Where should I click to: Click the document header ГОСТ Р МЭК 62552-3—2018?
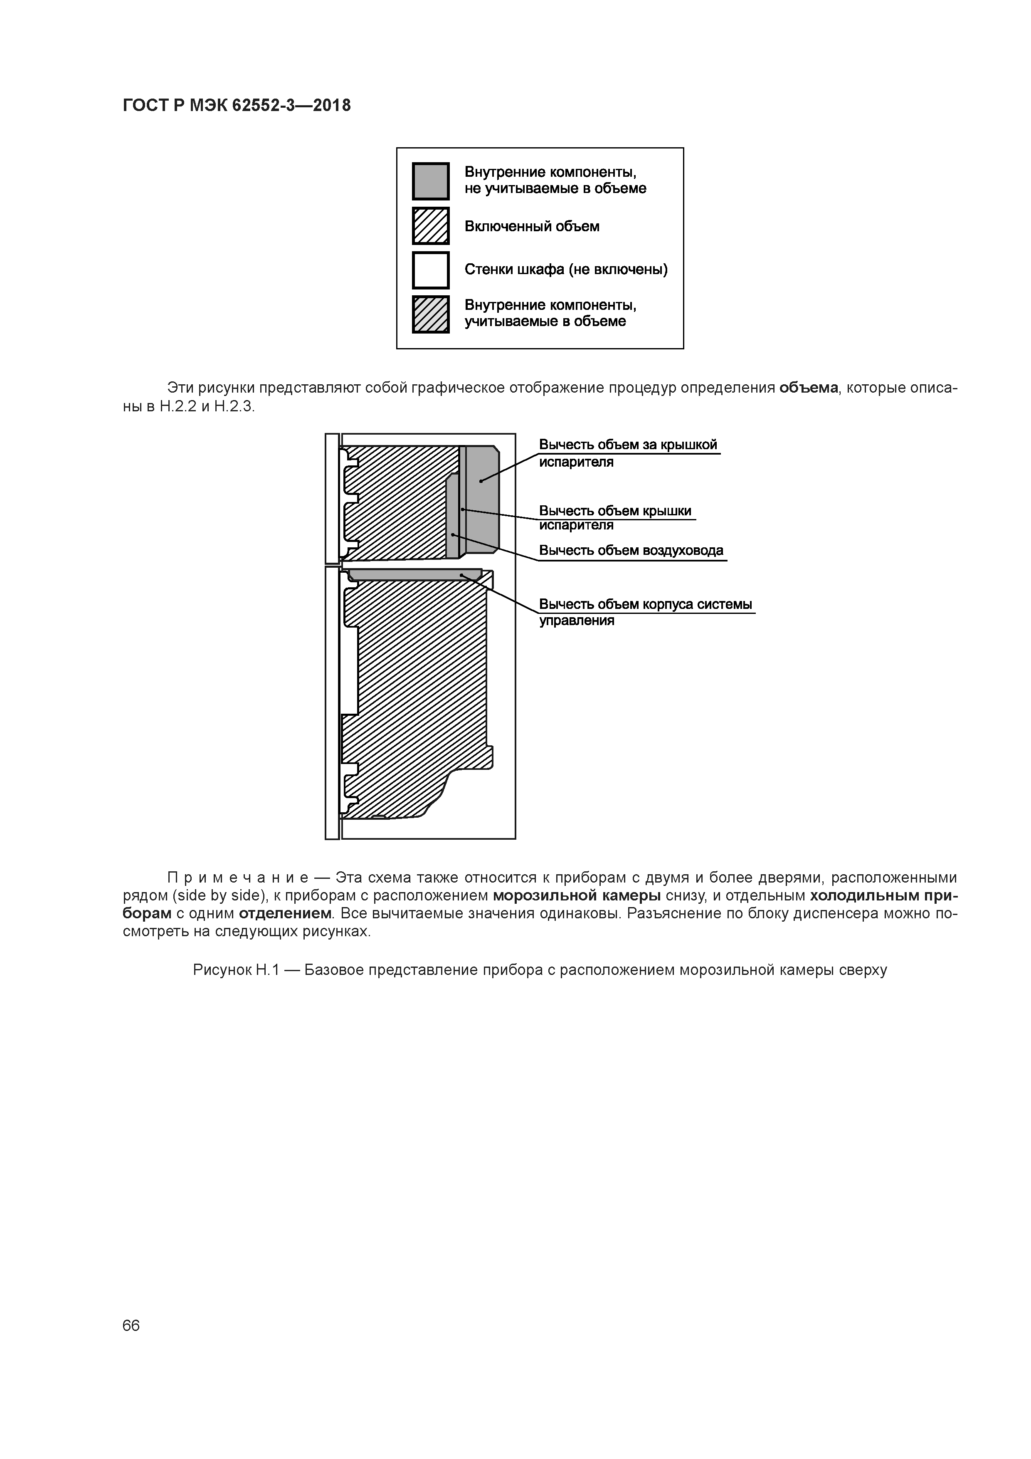[236, 106]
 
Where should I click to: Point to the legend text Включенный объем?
[532, 226]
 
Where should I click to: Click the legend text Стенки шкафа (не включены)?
[566, 270]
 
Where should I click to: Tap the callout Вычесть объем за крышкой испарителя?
[628, 453]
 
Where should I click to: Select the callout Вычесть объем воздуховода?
[631, 550]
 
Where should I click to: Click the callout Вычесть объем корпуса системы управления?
[645, 612]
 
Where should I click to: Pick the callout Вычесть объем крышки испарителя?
[615, 518]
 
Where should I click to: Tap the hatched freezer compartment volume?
[400, 502]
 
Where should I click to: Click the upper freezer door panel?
[332, 499]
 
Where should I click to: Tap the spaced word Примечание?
[237, 878]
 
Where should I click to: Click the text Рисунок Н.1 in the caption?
[236, 970]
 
